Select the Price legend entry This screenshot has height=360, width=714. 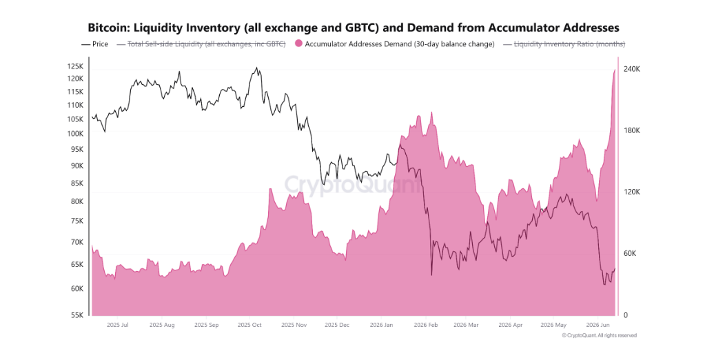(94, 44)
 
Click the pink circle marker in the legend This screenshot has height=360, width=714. (298, 44)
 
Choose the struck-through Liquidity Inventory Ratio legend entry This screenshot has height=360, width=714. (564, 44)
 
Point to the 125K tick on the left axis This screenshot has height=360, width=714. (75, 66)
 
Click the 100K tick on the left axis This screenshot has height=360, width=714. (75, 134)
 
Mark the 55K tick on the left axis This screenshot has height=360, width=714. (77, 315)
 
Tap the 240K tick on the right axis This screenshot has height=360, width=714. (631, 69)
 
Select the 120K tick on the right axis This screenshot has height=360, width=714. (631, 192)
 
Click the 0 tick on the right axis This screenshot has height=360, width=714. (626, 315)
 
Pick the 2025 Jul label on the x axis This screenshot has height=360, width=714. (117, 326)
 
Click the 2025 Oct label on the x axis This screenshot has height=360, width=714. (249, 326)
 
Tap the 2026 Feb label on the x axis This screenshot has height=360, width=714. (426, 326)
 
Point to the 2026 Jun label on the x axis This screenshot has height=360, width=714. (598, 326)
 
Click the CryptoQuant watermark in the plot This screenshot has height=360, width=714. (353, 185)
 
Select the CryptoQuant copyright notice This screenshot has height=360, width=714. (600, 335)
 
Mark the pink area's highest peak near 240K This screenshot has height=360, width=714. (615, 70)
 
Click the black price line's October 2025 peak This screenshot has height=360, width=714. (256, 68)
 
